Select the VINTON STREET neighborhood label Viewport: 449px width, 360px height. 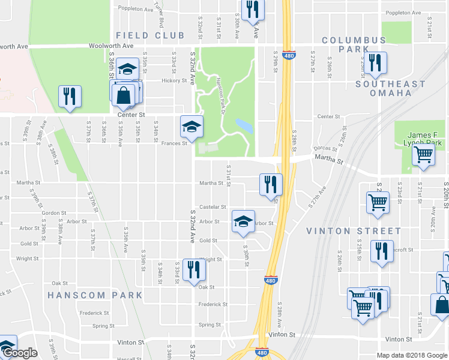(354, 231)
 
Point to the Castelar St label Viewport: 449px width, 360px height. (212, 206)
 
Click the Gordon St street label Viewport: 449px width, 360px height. (54, 213)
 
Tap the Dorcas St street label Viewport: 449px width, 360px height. (327, 149)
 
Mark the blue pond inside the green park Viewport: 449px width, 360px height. (244, 126)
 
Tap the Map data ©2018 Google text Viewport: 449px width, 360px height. (411, 355)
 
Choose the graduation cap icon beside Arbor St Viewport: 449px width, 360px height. (243, 221)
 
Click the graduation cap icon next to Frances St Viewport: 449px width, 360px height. (191, 126)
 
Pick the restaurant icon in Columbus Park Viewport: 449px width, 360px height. (375, 63)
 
